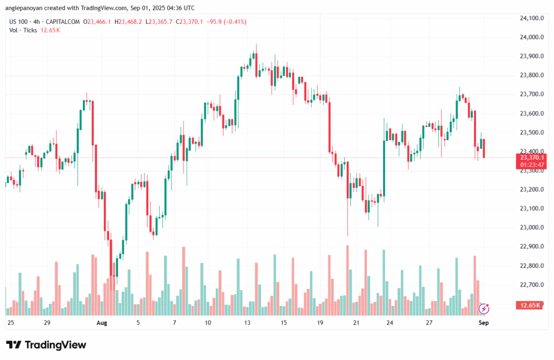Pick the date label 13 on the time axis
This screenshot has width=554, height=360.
(x=247, y=322)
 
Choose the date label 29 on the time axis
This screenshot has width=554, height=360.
(x=47, y=322)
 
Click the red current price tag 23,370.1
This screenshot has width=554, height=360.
(x=531, y=158)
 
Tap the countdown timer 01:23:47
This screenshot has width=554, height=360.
(x=531, y=164)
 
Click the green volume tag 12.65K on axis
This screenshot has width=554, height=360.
(x=531, y=305)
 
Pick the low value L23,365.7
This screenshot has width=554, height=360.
(x=161, y=22)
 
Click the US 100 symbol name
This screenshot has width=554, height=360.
(x=19, y=22)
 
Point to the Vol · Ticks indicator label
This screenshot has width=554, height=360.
(x=23, y=30)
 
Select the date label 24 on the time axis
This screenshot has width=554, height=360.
(x=390, y=322)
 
